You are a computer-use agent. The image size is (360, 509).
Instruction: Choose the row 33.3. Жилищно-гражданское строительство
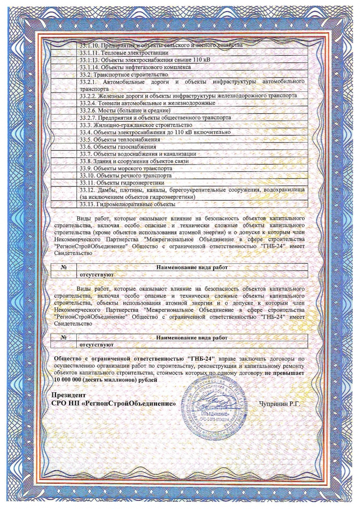point(136,125)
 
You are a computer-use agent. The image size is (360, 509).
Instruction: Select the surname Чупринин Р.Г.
point(279,403)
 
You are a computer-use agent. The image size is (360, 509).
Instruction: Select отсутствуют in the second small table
point(95,345)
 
